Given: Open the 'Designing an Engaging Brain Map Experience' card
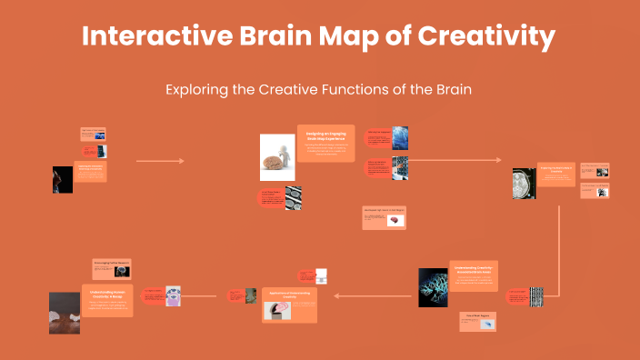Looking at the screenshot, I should tap(325, 144).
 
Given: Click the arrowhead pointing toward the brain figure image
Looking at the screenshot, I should tap(181, 161).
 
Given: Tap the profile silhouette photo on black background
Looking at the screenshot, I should tap(62, 179).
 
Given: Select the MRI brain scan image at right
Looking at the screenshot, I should tap(524, 183).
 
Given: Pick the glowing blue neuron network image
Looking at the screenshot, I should tap(433, 287).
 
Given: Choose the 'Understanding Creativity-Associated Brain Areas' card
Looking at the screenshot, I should tap(474, 275).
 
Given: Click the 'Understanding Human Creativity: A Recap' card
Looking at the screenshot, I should tap(107, 300).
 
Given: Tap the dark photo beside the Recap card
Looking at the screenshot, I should tap(65, 313).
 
